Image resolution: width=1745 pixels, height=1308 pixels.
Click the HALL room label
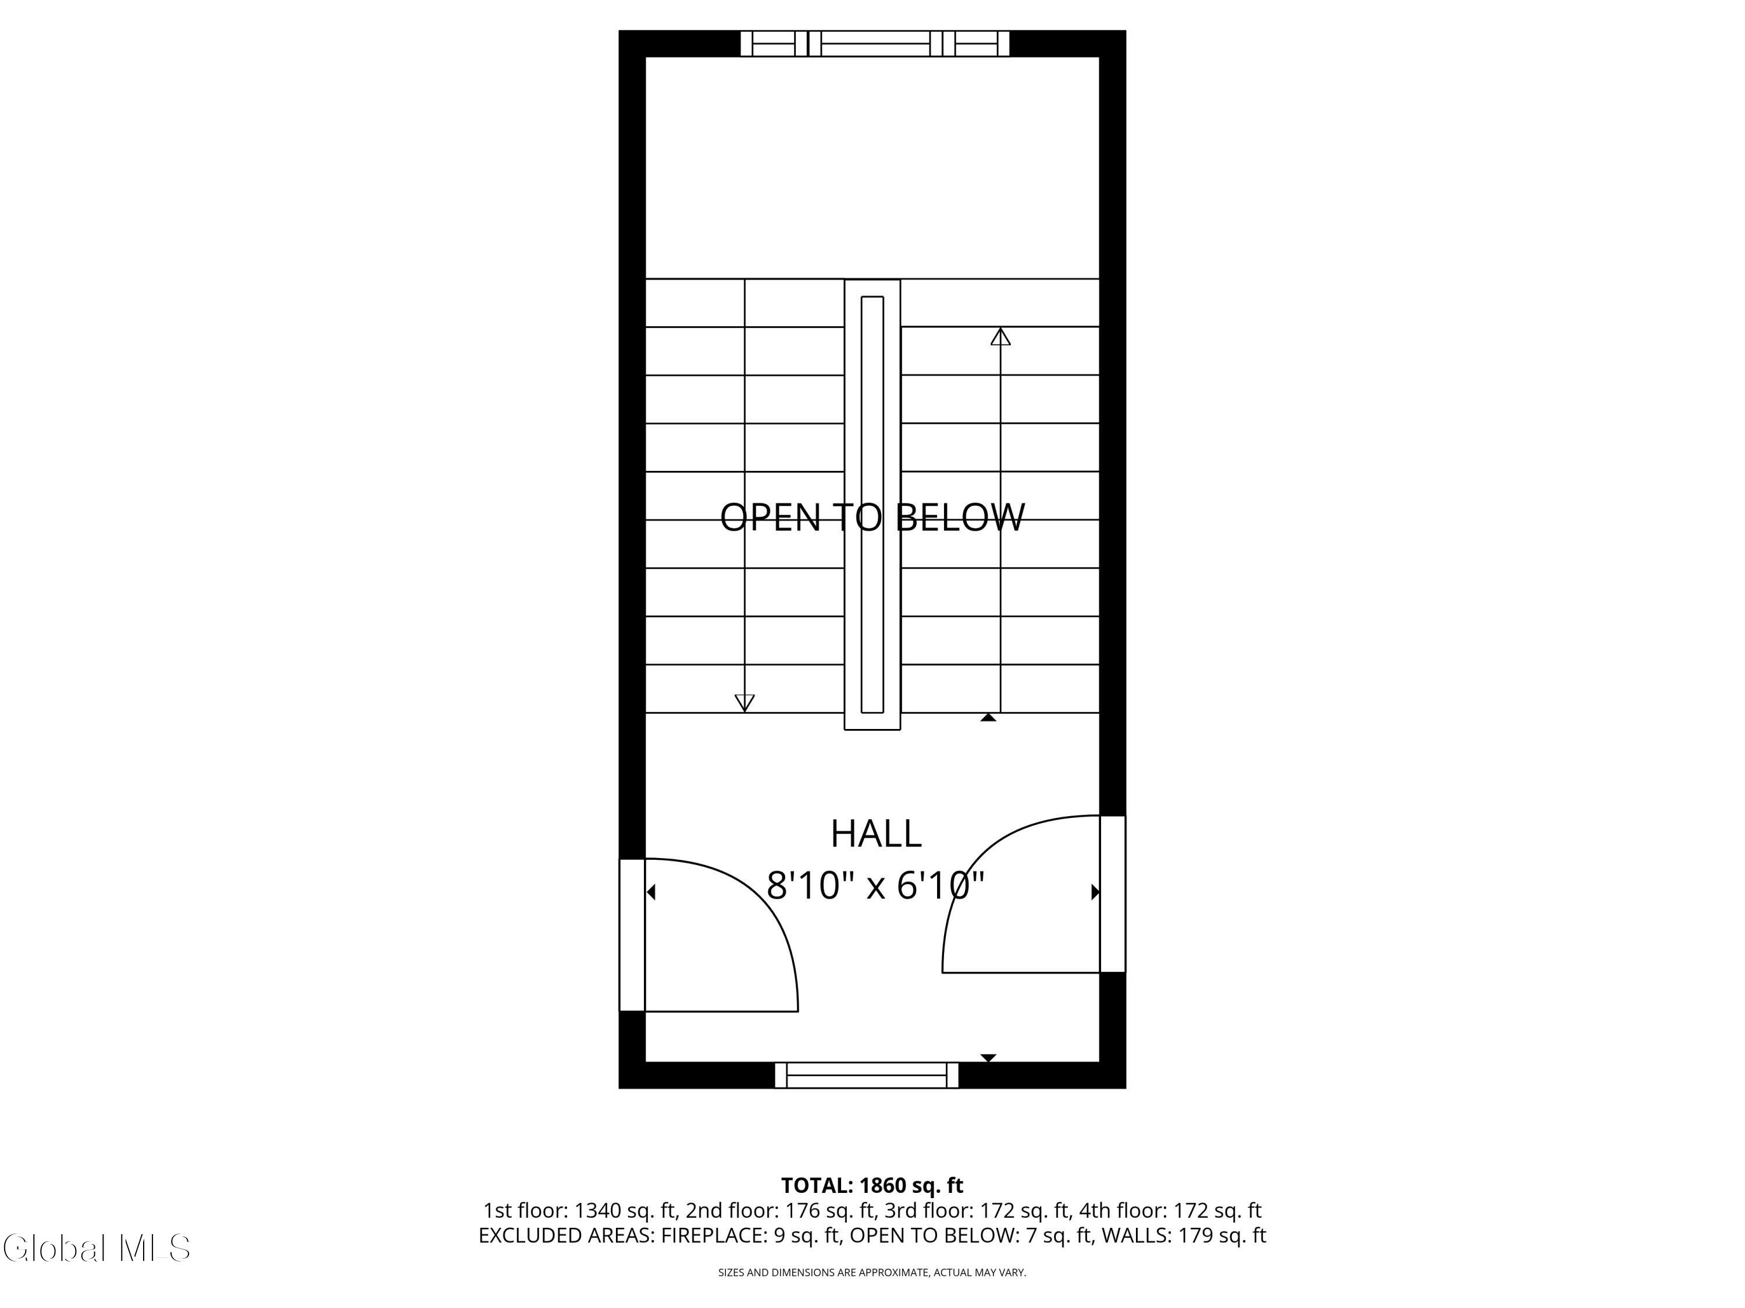[x=875, y=834]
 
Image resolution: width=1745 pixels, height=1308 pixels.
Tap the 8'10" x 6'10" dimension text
[x=875, y=885]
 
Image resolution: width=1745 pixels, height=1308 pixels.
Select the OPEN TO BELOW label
[x=872, y=517]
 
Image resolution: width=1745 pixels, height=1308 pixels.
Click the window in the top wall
[x=875, y=44]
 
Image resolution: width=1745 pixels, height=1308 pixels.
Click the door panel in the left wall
[x=632, y=934]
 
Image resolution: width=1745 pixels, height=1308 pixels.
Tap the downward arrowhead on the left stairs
[x=745, y=702]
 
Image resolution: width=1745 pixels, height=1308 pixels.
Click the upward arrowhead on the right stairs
[x=1000, y=337]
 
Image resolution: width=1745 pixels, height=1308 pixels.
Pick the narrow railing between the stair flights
[x=872, y=505]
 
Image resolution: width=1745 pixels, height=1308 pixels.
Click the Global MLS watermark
[x=96, y=1248]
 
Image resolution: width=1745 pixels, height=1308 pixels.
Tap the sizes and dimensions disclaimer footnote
[x=872, y=1273]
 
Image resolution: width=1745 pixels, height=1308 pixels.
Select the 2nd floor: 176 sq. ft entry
[x=779, y=1210]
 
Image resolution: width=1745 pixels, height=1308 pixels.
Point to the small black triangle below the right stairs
[x=988, y=717]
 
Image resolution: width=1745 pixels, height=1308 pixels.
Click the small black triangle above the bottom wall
[x=988, y=1058]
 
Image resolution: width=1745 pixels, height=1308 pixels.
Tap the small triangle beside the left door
[x=651, y=892]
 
